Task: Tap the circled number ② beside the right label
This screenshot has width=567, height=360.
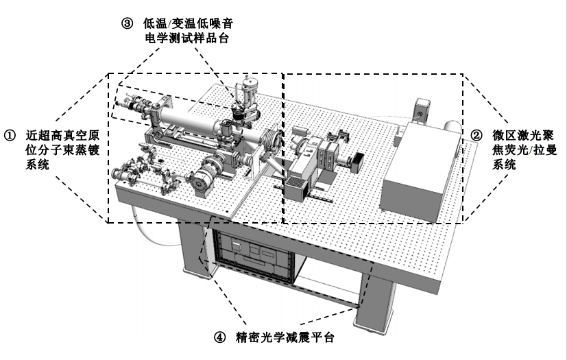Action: pos(478,134)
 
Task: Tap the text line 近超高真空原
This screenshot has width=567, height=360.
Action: pos(58,134)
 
